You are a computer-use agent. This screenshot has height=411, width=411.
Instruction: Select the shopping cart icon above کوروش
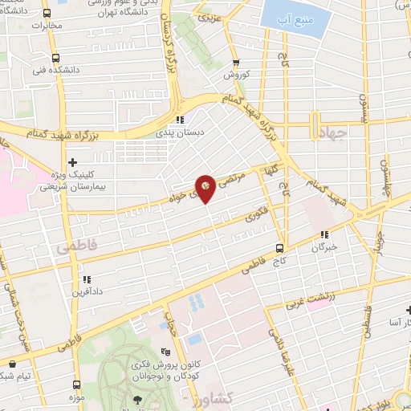click(235, 63)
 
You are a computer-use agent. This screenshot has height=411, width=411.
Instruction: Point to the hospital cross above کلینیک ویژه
click(73, 161)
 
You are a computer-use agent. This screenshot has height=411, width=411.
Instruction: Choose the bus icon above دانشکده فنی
click(55, 58)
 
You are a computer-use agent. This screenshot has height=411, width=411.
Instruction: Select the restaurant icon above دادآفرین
click(85, 279)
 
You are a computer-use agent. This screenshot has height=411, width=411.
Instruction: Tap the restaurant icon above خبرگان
click(324, 235)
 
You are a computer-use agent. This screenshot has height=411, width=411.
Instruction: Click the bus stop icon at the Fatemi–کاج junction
click(279, 247)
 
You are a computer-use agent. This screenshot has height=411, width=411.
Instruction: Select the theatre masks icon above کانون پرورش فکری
click(165, 352)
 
